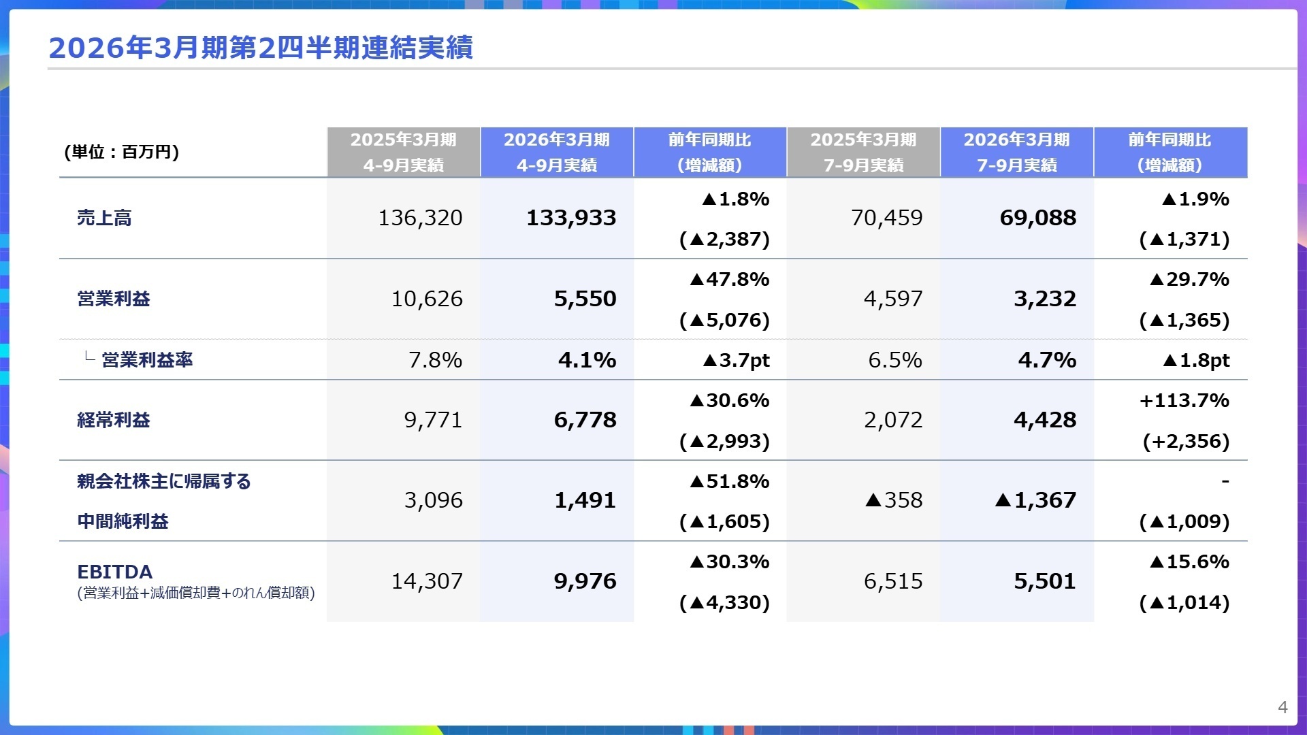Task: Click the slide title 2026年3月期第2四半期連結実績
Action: (261, 48)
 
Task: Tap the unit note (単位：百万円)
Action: (121, 152)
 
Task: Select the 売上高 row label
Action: (104, 218)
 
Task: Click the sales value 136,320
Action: (420, 218)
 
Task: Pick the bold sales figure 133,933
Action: (571, 218)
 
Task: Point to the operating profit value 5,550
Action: (585, 299)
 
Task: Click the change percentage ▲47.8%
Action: (729, 279)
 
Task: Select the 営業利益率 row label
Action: (147, 359)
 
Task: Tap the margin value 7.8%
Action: (435, 359)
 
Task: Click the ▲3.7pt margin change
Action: (736, 360)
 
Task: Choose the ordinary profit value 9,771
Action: (433, 420)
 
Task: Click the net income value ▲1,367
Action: (1035, 500)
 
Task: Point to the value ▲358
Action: (894, 500)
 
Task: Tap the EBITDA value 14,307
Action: (427, 581)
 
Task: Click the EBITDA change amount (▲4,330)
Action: (724, 602)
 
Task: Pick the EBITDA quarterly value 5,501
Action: (1045, 581)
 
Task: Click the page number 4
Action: (1282, 707)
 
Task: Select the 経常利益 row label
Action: (114, 420)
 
